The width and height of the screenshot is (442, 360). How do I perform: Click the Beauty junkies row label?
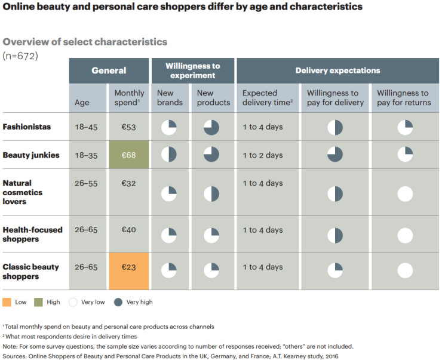coord(30,155)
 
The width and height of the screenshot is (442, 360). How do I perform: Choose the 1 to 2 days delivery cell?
coord(263,155)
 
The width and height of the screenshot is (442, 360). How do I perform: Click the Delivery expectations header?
coord(337,70)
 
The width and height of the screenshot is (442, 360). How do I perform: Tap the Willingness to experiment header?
coord(192,70)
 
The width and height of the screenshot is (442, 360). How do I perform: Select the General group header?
coord(109,70)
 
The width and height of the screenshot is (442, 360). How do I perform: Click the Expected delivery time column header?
coord(267,98)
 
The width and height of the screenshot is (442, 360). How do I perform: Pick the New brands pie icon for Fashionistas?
coord(169,128)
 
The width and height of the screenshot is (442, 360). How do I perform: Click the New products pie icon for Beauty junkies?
coord(211,154)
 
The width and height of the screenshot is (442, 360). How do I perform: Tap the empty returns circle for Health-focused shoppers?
coord(405,235)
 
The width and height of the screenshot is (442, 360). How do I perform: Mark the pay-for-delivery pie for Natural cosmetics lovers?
coord(335,194)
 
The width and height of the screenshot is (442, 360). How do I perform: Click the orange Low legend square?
coord(7,302)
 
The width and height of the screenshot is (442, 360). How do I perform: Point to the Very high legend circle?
coord(117,302)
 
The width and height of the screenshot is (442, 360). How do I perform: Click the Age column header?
coord(82,102)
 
